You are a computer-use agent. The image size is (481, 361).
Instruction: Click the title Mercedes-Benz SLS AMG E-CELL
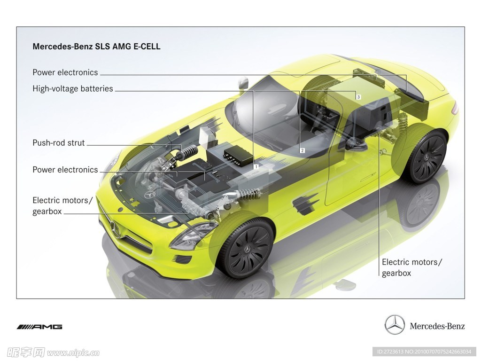point(96,47)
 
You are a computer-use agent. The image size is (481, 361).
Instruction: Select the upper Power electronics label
point(65,72)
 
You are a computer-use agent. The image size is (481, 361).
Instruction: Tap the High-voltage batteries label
point(73,89)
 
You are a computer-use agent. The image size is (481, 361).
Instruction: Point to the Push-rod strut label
point(59,143)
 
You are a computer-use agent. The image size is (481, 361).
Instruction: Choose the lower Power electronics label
point(65,170)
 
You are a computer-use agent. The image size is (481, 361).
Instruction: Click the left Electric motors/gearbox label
point(62,206)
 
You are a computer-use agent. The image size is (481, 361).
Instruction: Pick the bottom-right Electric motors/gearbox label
point(411,267)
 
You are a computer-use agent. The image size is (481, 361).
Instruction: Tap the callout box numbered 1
point(256,167)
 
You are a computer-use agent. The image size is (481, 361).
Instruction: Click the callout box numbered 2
point(303,150)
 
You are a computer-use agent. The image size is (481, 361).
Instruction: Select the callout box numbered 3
point(358,97)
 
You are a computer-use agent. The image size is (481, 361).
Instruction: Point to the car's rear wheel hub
point(427,157)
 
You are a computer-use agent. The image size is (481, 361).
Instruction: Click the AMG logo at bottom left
point(39,327)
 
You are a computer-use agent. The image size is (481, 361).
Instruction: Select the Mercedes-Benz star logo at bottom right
point(395,324)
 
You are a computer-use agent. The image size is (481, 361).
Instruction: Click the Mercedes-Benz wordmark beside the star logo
point(437,326)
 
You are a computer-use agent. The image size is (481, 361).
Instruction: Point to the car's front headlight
point(191,235)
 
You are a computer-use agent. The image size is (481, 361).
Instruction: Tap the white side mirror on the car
point(243,82)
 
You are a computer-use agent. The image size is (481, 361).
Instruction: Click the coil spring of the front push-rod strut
point(190,151)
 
